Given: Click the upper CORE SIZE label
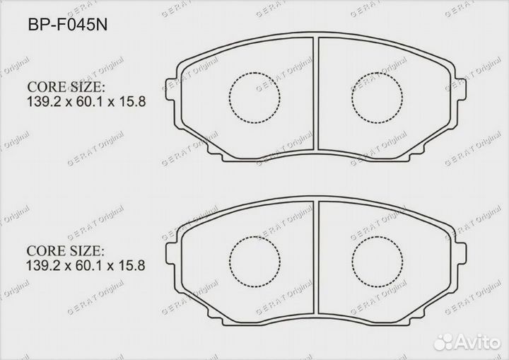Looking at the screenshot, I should (x=66, y=87).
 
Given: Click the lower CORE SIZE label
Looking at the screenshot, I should (x=66, y=252).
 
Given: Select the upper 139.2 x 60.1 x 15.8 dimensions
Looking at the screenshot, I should (x=86, y=102).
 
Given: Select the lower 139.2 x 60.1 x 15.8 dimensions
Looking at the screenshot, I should (x=86, y=267).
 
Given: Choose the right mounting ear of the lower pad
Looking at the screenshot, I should (x=462, y=252).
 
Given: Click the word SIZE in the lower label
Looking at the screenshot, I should (x=86, y=252).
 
